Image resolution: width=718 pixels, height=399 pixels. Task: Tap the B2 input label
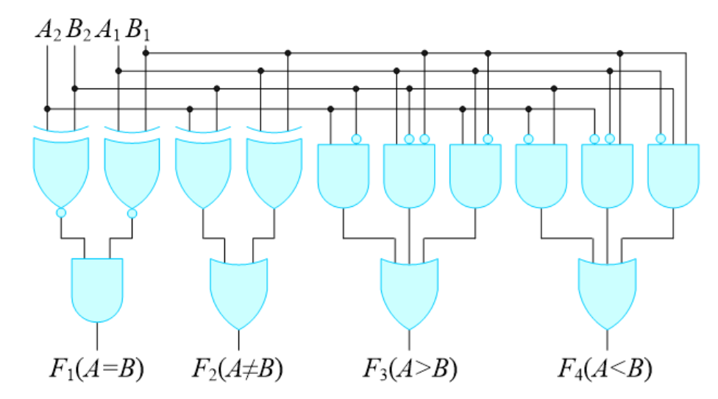(x=77, y=32)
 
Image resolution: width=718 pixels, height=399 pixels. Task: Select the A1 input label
(x=108, y=32)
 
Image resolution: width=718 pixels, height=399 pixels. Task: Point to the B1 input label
(x=137, y=32)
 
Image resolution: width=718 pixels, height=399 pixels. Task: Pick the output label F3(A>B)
(x=410, y=368)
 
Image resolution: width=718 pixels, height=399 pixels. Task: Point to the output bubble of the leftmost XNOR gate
(x=61, y=213)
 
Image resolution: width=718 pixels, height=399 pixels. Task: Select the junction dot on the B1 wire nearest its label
(x=146, y=53)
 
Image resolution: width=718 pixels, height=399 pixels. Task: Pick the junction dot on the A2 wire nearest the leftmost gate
(x=47, y=108)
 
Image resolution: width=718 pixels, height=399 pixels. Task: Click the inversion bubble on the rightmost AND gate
(x=661, y=138)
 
